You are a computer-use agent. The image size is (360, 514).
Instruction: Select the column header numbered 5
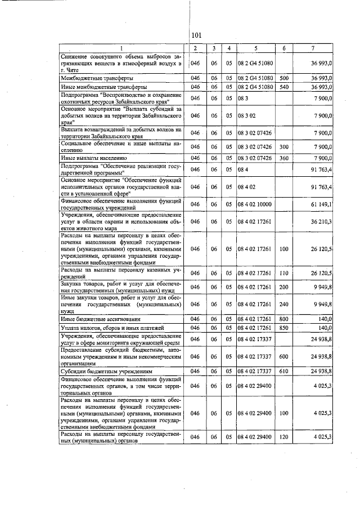[255, 48]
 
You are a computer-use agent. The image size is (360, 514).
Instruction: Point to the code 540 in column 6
[284, 87]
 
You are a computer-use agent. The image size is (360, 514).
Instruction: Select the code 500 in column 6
[284, 78]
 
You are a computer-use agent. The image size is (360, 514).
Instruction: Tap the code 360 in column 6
[284, 158]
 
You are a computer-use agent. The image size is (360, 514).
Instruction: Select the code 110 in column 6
[284, 273]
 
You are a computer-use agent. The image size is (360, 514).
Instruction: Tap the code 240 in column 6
[284, 304]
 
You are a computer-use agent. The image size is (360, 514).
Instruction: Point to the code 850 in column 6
[284, 328]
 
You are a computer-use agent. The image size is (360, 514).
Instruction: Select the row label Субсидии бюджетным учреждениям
[98, 372]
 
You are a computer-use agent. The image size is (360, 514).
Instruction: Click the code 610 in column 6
[284, 372]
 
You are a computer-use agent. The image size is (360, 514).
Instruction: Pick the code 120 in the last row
[284, 437]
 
